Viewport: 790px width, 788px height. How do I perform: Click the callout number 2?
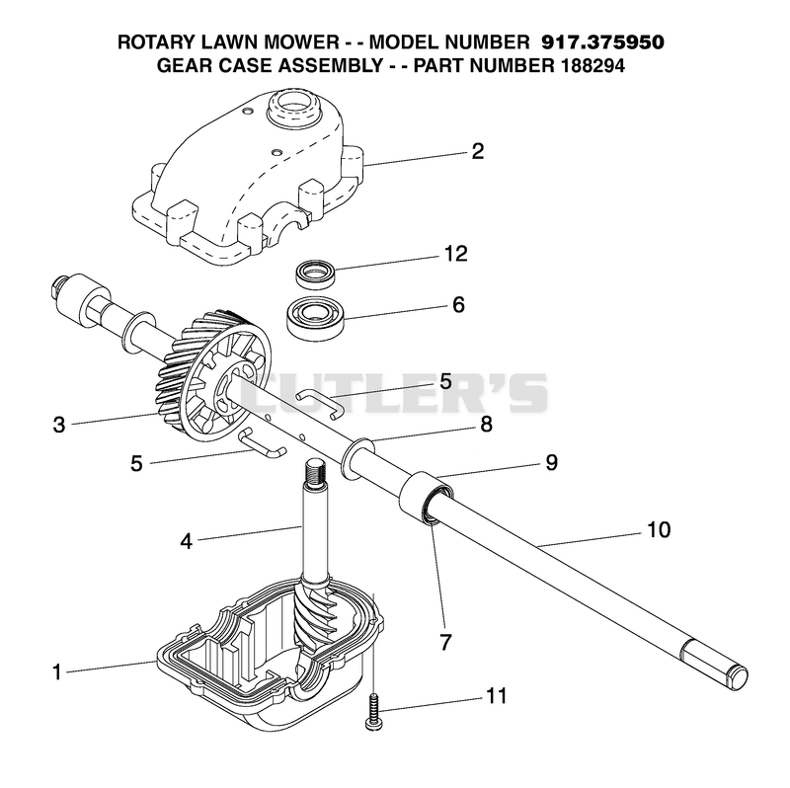[477, 151]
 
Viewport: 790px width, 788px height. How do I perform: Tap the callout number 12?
[455, 254]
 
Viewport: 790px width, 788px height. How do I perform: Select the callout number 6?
[458, 305]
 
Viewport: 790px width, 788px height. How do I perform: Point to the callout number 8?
[486, 425]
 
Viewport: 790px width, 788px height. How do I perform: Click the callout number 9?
[552, 462]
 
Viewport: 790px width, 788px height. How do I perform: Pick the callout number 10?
[659, 529]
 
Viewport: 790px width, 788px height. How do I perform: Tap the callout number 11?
[496, 696]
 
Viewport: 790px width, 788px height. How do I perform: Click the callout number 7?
[445, 643]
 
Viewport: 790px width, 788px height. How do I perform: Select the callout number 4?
[186, 541]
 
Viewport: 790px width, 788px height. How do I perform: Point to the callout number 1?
[57, 671]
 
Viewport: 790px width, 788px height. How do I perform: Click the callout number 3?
[59, 425]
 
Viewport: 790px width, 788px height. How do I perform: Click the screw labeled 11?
[373, 711]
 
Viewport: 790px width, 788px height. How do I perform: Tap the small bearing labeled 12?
[315, 275]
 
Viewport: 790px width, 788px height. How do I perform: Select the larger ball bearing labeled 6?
[315, 316]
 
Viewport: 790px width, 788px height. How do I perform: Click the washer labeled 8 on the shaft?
[357, 457]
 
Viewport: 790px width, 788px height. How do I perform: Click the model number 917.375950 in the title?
[602, 42]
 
